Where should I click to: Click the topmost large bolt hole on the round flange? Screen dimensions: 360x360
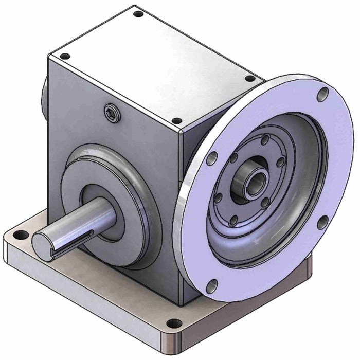[x=323, y=94]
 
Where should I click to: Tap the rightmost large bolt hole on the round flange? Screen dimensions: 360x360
[x=323, y=222]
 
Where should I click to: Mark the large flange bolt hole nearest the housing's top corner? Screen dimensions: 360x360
[x=211, y=158]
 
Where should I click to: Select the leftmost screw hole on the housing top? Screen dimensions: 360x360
[x=64, y=57]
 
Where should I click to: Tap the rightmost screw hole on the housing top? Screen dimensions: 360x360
[x=250, y=79]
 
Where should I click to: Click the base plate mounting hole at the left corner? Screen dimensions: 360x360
[x=21, y=235]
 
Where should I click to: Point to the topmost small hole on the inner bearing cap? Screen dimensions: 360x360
[x=264, y=140]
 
